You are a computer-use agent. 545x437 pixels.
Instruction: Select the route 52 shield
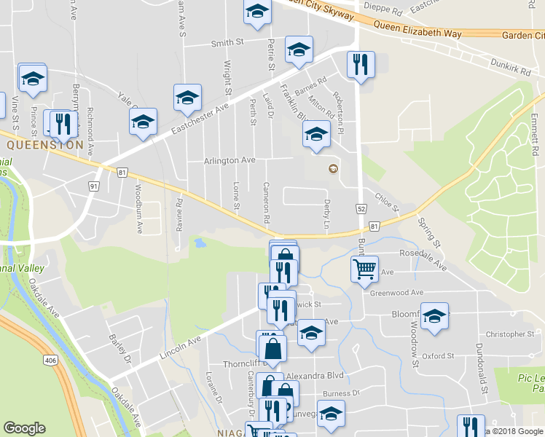point(361,209)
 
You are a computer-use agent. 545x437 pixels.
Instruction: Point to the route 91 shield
point(94,186)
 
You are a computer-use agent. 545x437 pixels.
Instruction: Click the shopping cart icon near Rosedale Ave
point(364,269)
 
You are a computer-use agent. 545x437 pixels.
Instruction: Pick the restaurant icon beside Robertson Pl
point(361,64)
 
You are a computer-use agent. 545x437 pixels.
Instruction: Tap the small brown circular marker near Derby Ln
point(333,169)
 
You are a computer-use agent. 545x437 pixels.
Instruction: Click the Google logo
point(24,428)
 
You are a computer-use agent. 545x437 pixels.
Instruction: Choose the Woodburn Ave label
point(137,208)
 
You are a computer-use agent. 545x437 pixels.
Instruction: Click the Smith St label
point(227,43)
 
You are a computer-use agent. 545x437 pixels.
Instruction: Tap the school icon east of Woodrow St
point(435,316)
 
